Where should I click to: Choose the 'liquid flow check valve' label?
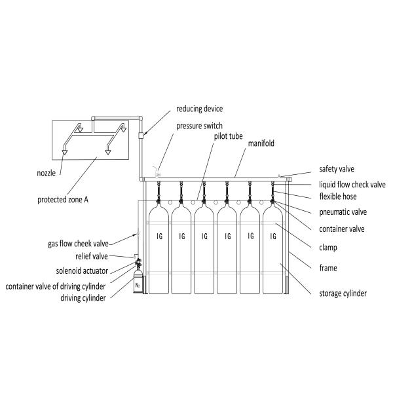[354, 184]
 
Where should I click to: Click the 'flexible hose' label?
[339, 196]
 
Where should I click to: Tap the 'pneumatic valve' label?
[343, 212]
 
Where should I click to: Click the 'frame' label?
[328, 268]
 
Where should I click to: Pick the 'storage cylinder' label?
[343, 293]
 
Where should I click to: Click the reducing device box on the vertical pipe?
[141, 136]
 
